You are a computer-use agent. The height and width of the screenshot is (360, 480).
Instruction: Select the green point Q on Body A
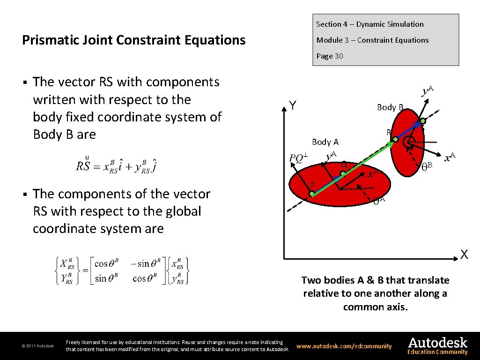pos(343,174)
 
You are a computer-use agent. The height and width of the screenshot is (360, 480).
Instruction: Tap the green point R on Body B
pos(395,140)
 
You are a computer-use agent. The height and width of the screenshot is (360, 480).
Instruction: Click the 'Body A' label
pos(325,142)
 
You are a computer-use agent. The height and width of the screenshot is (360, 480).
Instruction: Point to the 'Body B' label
pos(390,107)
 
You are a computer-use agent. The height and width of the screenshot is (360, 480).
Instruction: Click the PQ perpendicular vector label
pos(298,157)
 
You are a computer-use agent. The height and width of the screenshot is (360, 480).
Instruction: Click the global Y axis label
pos(292,106)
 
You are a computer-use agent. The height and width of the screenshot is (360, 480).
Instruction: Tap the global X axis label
pos(464,255)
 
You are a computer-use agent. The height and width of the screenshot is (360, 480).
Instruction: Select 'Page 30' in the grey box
pos(330,56)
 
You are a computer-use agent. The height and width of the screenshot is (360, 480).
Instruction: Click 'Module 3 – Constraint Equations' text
pos(372,40)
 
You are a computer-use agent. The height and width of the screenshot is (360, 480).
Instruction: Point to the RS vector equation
pos(117,165)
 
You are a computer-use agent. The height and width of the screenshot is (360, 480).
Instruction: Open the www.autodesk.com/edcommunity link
pos(344,346)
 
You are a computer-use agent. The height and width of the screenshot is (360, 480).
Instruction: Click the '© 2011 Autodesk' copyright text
pos(38,346)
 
